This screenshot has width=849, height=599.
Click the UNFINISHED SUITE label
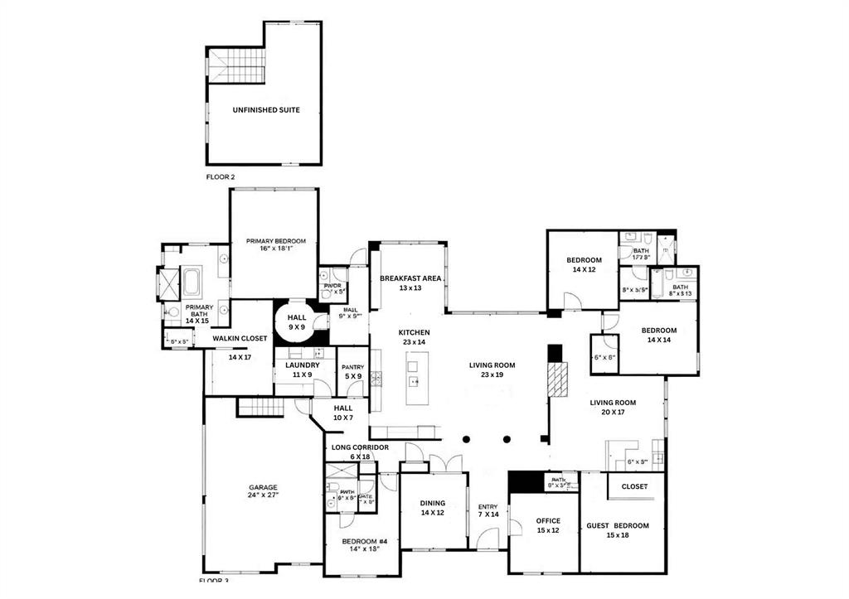coord(265,110)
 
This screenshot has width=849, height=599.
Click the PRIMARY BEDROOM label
coord(275,241)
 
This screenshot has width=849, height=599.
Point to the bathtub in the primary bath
coord(192,283)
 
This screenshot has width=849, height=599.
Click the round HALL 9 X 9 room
coord(296,321)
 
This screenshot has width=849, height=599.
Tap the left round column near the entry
coord(467,438)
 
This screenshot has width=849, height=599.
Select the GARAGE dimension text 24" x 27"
coord(264,495)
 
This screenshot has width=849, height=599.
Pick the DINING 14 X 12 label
coord(432,508)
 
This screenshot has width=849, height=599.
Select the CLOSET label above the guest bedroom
coord(634,486)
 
